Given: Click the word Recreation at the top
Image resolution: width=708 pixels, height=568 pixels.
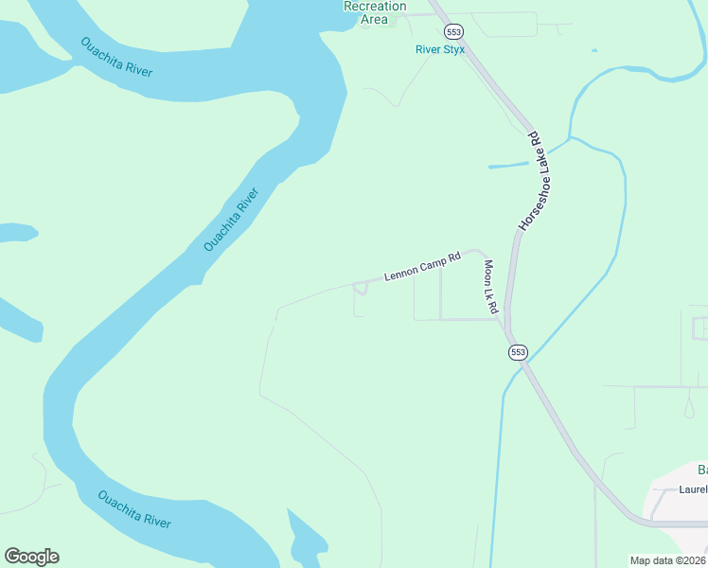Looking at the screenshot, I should coord(375,6).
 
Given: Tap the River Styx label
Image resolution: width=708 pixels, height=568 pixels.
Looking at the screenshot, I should coord(440,49).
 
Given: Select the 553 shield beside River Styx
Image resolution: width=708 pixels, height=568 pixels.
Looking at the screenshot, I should coord(455,30).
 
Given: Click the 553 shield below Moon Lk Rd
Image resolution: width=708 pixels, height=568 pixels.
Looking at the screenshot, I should coord(517,352).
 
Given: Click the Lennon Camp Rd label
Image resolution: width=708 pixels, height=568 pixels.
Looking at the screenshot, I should coord(422,269).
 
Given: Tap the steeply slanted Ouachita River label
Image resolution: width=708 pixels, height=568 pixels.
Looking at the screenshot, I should coord(231,220).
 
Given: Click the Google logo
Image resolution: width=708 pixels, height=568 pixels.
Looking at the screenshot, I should coord(31,557).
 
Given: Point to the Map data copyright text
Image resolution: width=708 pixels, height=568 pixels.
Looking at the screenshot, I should coord(668,560).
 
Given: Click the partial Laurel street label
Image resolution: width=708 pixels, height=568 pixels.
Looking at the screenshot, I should coord(693,489).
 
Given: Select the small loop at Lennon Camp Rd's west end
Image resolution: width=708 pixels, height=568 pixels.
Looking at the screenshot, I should coord(360,288).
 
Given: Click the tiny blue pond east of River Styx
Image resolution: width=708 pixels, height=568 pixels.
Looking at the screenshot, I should coord(594,50).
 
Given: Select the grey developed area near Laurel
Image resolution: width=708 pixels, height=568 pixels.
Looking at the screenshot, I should coord(677,497).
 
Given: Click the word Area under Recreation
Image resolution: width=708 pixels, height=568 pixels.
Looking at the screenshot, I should coord(375,19).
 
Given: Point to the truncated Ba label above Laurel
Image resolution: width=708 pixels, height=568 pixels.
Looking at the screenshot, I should coord(702,470).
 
